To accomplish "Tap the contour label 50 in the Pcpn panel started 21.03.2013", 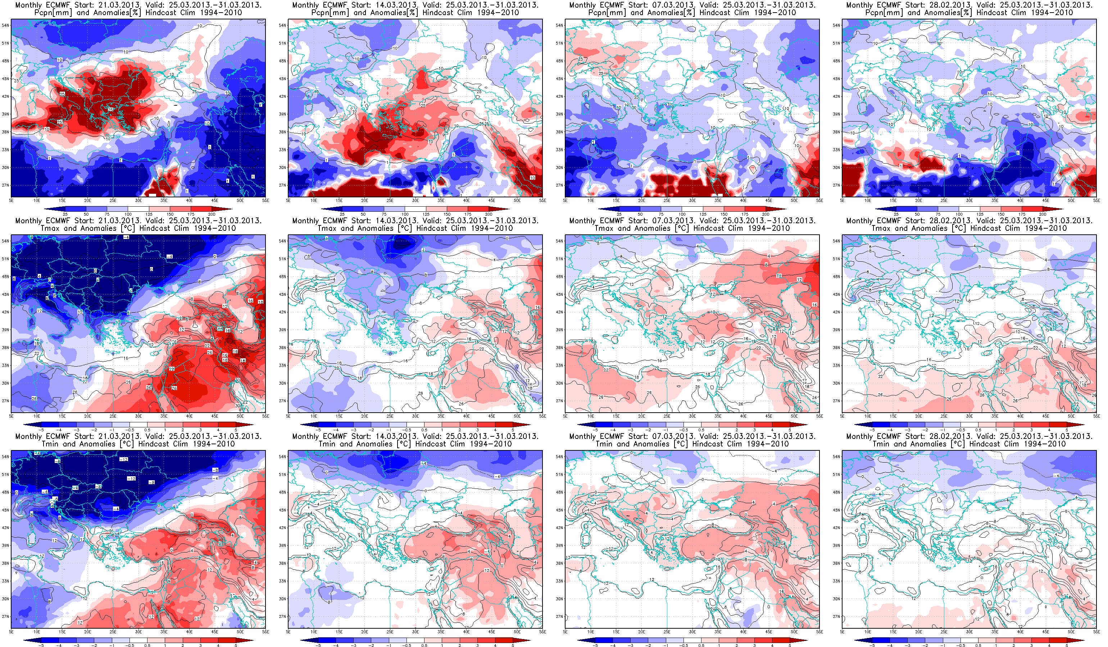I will point(80,91).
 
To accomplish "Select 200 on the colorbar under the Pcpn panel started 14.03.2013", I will point(489,214).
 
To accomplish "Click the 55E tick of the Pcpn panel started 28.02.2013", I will point(1096,201).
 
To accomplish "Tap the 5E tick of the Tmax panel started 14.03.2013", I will point(288,416).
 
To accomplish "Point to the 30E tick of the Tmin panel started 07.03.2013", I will point(692,632).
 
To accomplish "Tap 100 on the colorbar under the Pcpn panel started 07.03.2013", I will point(682,214).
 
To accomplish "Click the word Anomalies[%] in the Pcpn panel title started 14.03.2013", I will point(391,13).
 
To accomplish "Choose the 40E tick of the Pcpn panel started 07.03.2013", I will point(743,201).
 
